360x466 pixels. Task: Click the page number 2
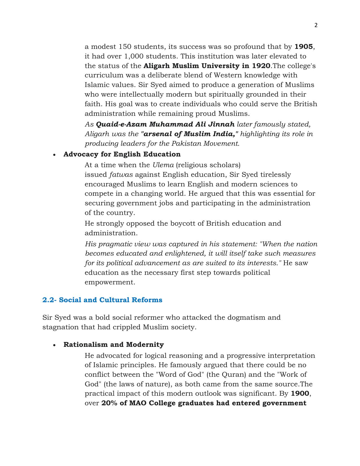(316, 25)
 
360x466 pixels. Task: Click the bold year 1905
(304, 47)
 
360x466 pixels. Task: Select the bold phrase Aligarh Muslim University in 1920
(207, 66)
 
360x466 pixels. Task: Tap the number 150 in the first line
(124, 47)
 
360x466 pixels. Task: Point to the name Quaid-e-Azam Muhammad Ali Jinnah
(165, 124)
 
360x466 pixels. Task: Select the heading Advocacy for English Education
(122, 154)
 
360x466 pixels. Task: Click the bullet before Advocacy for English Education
(54, 155)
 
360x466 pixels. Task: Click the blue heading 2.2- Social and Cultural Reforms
(102, 300)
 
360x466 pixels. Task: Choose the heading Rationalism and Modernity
(114, 345)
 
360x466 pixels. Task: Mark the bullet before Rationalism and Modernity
(54, 345)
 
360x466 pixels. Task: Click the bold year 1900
(300, 393)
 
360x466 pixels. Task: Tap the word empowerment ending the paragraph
(110, 282)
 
